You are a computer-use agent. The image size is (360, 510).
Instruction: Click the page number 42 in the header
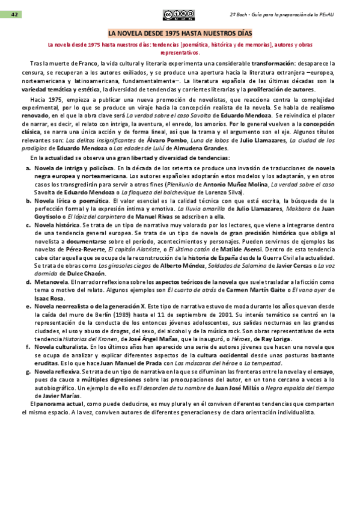click(13, 14)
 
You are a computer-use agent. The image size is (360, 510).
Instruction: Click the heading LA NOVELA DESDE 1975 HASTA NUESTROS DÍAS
click(180, 34)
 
